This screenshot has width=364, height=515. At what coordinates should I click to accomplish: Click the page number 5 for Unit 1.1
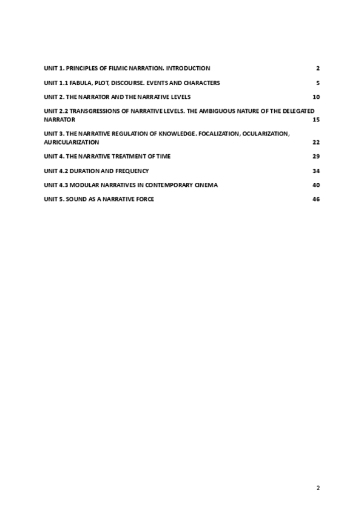(x=318, y=83)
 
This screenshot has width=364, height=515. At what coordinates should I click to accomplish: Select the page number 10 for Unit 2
(x=316, y=97)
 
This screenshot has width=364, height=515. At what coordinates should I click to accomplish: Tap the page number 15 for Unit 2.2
(x=316, y=120)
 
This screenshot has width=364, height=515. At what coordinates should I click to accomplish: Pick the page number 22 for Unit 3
(x=316, y=142)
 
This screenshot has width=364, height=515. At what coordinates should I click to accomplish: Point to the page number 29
(x=316, y=157)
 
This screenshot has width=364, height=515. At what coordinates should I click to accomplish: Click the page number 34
(x=316, y=171)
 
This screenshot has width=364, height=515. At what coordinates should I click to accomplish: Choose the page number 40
(x=316, y=185)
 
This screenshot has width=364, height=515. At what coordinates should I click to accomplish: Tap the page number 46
(x=316, y=199)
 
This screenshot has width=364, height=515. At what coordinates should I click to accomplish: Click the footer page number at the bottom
(x=318, y=488)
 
